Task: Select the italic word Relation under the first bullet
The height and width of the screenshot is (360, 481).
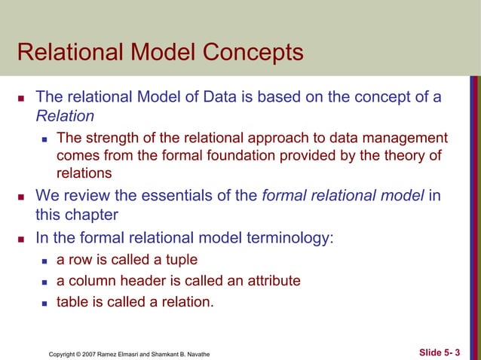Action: (65, 116)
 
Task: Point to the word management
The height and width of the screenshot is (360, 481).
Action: (408, 138)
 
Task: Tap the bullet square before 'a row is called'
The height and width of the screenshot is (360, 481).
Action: (45, 261)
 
